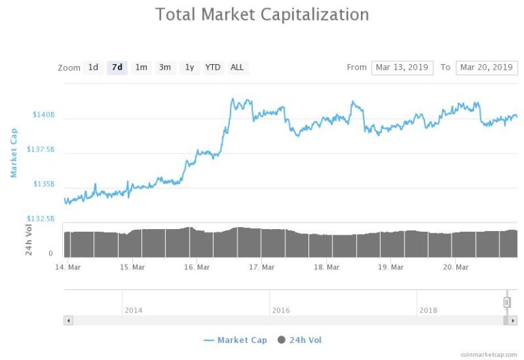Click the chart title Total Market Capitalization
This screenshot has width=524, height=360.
[262, 14]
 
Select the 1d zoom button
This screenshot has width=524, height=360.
[93, 67]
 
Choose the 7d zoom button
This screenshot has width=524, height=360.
[117, 67]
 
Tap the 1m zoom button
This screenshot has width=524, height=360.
[141, 67]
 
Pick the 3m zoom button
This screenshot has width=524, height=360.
[165, 67]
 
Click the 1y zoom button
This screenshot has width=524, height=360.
[190, 67]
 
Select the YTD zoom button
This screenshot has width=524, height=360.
[213, 67]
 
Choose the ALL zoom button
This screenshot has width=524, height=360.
[237, 67]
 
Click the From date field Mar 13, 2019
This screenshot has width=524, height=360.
[402, 67]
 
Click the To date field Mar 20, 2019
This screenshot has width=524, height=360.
[486, 67]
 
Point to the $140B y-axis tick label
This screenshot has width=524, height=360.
[44, 115]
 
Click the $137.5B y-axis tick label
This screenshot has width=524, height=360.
[40, 149]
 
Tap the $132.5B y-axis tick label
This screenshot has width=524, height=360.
[40, 219]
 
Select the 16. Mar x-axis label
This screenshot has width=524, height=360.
[197, 267]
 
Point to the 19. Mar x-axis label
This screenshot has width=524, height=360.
[392, 267]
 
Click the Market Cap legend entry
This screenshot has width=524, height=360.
[235, 340]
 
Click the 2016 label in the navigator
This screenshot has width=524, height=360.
[281, 310]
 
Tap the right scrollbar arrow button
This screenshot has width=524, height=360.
[513, 320]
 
